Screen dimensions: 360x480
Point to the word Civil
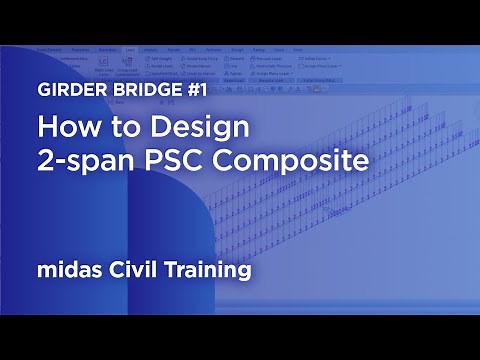click(x=137, y=270)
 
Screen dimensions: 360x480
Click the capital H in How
click(x=47, y=129)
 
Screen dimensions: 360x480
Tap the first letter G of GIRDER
click(x=45, y=87)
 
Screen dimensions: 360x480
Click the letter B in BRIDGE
click(x=119, y=87)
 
